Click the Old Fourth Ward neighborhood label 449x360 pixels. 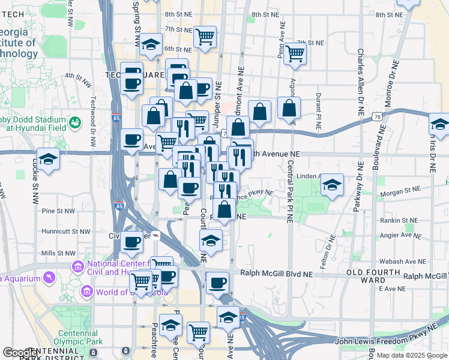click(373, 276)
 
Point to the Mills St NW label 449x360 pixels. click(58, 254)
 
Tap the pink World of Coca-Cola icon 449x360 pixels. click(86, 292)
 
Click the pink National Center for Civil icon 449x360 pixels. click(77, 266)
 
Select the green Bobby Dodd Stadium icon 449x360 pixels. click(75, 123)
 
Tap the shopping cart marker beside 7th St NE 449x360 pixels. click(295, 54)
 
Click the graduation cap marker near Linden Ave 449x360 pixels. click(331, 186)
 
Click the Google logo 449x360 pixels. click(20, 353)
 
